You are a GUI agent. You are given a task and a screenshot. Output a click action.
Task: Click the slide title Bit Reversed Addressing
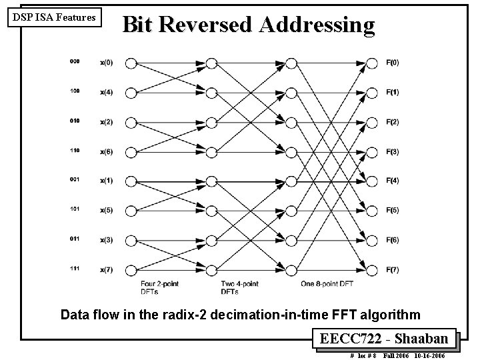pyautogui.click(x=249, y=25)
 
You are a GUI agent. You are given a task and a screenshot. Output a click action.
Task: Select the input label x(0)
pyautogui.click(x=106, y=63)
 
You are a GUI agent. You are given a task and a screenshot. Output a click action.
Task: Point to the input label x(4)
pyautogui.click(x=106, y=93)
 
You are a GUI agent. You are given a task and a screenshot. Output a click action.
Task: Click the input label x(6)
pyautogui.click(x=106, y=151)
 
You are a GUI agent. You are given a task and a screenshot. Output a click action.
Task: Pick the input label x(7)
pyautogui.click(x=106, y=270)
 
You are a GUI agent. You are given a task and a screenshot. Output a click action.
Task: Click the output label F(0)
pyautogui.click(x=392, y=63)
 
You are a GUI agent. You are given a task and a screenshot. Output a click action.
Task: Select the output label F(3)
pyautogui.click(x=392, y=151)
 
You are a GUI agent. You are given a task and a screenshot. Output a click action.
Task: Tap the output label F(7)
pyautogui.click(x=392, y=270)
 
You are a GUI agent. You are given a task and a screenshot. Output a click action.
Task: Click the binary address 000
pyautogui.click(x=74, y=61)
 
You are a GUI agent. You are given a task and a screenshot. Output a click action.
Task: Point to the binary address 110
pyautogui.click(x=74, y=150)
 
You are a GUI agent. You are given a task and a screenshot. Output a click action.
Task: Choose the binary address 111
pyautogui.click(x=74, y=269)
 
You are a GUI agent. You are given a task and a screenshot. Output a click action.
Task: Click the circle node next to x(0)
pyautogui.click(x=131, y=63)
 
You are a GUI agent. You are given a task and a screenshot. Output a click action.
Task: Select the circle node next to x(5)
pyautogui.click(x=131, y=211)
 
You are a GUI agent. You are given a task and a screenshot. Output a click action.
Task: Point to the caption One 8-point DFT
pyautogui.click(x=328, y=284)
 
